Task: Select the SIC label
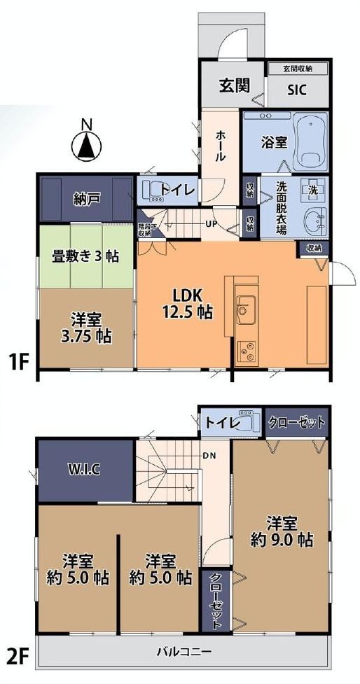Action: (x=298, y=88)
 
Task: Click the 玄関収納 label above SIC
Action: (x=298, y=69)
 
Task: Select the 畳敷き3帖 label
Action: (x=85, y=256)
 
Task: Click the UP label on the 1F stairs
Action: (x=210, y=224)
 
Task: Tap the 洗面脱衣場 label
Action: (x=281, y=207)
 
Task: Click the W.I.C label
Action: (x=85, y=468)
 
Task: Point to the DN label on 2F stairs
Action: (x=208, y=454)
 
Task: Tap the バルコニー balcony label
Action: (x=183, y=652)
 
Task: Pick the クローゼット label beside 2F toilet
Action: (x=297, y=422)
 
